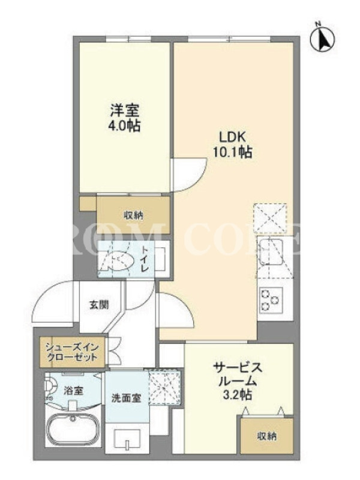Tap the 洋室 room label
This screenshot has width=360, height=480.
[x=125, y=110]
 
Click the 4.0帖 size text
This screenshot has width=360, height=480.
[x=125, y=125]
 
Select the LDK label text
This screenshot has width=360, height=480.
[x=232, y=137]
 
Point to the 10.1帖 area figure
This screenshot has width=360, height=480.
[x=233, y=152]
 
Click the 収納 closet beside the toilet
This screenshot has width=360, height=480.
[x=133, y=215]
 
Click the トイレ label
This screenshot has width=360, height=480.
[x=145, y=259]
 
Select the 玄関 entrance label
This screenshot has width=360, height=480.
[x=98, y=305]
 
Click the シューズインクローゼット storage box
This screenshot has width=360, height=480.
[x=73, y=352]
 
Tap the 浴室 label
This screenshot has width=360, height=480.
[x=73, y=391]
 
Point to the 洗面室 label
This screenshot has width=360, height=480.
[x=126, y=398]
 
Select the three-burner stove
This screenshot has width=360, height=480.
[x=269, y=299]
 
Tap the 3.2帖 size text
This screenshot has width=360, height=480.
[x=238, y=395]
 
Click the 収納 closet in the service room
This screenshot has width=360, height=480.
[x=267, y=436]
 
